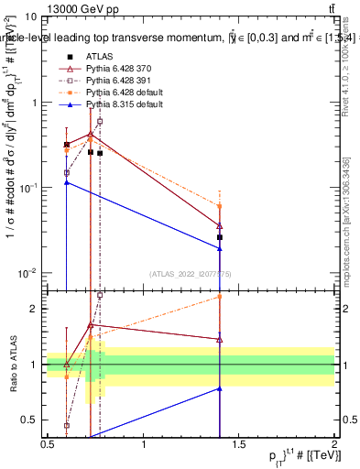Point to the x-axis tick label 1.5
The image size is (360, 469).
pyautogui.click(x=239, y=444)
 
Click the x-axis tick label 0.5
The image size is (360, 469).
pyautogui.click(x=48, y=444)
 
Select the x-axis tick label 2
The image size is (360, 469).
pyautogui.click(x=334, y=444)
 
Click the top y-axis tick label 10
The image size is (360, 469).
pyautogui.click(x=31, y=17)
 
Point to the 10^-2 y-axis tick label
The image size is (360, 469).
pyautogui.click(x=28, y=273)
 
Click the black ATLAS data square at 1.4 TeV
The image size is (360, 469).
pyautogui.click(x=220, y=237)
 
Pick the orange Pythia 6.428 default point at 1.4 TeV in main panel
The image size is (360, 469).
pyautogui.click(x=220, y=206)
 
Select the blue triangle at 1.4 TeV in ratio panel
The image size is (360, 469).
pyautogui.click(x=220, y=388)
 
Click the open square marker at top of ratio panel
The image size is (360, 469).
pyautogui.click(x=100, y=296)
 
